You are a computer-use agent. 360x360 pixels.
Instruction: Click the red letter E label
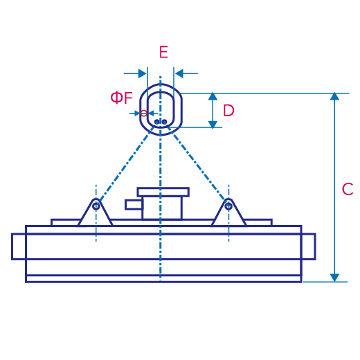pyautogui.click(x=163, y=52)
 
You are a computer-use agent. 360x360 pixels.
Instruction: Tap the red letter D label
pyautogui.click(x=228, y=110)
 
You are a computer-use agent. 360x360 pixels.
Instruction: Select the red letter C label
pyautogui.click(x=348, y=189)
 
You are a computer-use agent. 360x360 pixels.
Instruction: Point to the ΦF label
pyautogui.click(x=121, y=98)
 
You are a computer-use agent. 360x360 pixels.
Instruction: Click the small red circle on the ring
pyautogui.click(x=143, y=114)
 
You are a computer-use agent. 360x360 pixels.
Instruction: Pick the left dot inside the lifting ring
pyautogui.click(x=156, y=122)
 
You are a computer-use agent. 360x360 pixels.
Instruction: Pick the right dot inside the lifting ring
pyautogui.click(x=164, y=122)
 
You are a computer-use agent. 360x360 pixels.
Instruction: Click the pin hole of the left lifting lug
pyautogui.click(x=96, y=206)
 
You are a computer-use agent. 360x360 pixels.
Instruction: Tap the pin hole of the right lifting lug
pyautogui.click(x=228, y=206)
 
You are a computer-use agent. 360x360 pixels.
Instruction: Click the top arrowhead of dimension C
pyautogui.click(x=334, y=96)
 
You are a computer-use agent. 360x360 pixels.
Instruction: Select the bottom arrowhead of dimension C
pyautogui.click(x=334, y=278)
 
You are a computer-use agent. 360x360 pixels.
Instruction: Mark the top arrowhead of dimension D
pyautogui.click(x=213, y=96)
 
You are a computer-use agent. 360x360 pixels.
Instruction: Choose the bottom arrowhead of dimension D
pyautogui.click(x=213, y=125)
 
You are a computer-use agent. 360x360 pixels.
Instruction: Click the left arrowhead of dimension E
pyautogui.click(x=142, y=73)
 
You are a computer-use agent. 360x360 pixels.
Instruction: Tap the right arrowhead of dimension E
pyautogui.click(x=179, y=73)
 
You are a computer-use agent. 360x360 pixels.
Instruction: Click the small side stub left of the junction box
pyautogui.click(x=134, y=205)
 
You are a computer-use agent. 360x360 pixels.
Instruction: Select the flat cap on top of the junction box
pyautogui.click(x=163, y=192)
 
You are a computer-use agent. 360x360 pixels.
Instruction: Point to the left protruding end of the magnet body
pyautogui.click(x=19, y=246)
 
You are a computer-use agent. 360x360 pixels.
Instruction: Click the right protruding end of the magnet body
pyautogui.click(x=309, y=246)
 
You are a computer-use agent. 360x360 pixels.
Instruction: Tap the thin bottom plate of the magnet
pyautogui.click(x=163, y=279)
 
